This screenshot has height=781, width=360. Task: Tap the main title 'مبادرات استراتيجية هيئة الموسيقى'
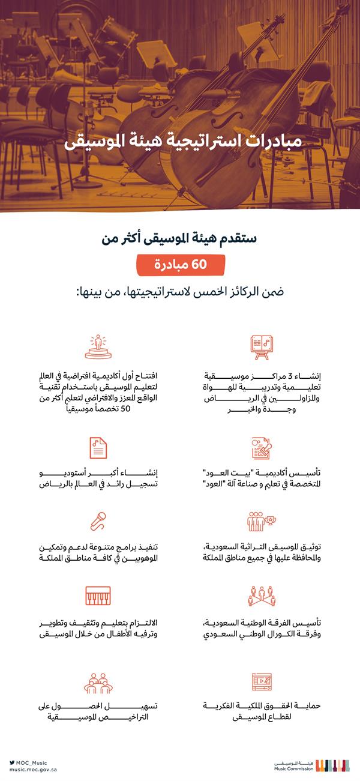tap(179, 141)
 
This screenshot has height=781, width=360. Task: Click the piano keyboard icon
tap(98, 596)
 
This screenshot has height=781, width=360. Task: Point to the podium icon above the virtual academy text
tap(98, 347)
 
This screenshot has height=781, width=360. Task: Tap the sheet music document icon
tap(98, 448)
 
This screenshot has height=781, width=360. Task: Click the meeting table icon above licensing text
tap(98, 683)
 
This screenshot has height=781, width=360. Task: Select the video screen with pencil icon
tap(262, 683)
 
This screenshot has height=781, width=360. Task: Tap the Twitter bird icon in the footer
tap(12, 762)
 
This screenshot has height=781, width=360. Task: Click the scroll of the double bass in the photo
tap(344, 10)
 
